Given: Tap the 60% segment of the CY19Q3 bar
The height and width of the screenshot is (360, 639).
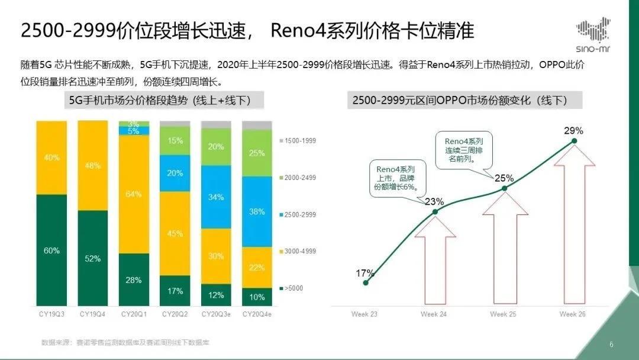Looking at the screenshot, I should point(51,250).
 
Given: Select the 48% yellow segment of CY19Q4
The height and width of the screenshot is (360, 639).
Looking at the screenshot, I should point(93,166).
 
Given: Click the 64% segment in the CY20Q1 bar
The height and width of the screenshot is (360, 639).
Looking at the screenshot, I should point(134,194).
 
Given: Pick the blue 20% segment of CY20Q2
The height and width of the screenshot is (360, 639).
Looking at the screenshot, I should point(175,173).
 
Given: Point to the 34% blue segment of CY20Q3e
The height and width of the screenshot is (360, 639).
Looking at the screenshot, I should point(216,197).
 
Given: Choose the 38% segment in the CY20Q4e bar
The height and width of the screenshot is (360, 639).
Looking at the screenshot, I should point(257,211).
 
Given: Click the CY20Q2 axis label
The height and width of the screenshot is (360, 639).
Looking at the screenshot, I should point(175,313).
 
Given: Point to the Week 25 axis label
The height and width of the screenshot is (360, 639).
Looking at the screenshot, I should point(504,313).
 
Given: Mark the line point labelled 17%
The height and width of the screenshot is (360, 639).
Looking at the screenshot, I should point(366,282).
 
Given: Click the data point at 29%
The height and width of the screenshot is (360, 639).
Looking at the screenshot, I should point(574,140).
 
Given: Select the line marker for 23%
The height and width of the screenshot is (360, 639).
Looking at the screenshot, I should point(435,211).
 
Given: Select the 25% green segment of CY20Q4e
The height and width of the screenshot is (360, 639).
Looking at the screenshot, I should point(257,153).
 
